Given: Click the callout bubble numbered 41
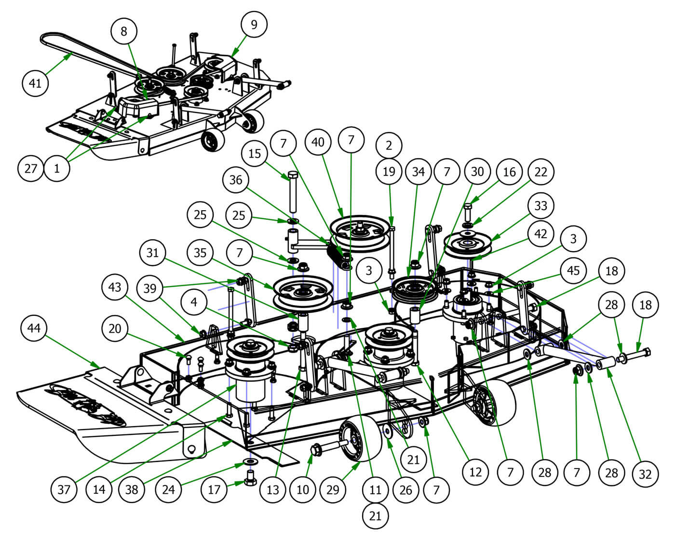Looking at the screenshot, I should (35, 83).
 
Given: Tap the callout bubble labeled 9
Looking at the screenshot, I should (254, 24).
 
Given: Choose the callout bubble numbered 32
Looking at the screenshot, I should (645, 473).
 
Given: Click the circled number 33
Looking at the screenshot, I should (541, 206).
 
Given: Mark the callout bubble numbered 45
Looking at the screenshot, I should (573, 270).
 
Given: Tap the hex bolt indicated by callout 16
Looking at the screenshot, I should (468, 212).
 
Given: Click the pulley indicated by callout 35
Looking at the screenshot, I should (303, 292).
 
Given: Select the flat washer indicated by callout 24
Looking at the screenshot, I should (250, 462).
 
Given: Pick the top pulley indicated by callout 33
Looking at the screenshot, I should (467, 244).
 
